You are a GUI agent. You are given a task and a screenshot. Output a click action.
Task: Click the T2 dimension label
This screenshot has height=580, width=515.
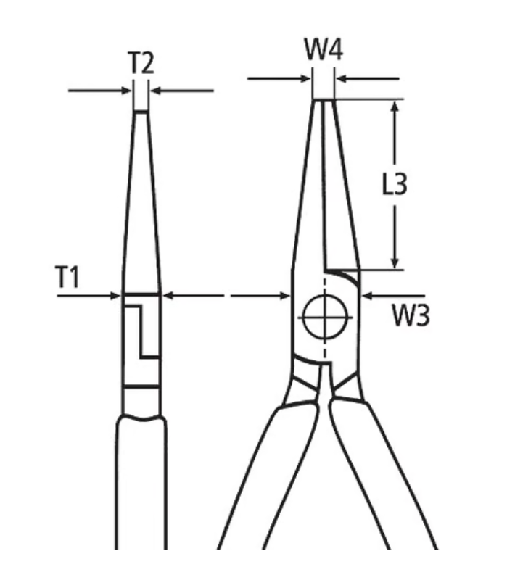click(141, 63)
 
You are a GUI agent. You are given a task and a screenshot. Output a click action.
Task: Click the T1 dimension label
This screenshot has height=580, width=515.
click(67, 277)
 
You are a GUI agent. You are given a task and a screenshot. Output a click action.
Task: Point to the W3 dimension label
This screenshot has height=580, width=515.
click(411, 315)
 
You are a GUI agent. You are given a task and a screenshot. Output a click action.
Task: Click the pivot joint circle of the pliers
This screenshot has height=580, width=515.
click(325, 317)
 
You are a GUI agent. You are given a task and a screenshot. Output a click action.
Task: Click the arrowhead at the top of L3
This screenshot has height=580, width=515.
click(395, 107)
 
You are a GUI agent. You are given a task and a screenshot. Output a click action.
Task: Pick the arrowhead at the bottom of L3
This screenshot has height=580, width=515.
click(395, 262)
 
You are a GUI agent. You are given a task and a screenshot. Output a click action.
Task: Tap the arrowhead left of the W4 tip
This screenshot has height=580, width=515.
click(305, 78)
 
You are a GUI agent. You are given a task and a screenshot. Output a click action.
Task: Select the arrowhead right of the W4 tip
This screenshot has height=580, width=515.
click(341, 78)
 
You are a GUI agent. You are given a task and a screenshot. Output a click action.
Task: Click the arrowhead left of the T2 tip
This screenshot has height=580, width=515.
click(126, 90)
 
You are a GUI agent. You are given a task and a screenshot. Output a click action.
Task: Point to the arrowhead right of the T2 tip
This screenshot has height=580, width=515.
click(155, 90)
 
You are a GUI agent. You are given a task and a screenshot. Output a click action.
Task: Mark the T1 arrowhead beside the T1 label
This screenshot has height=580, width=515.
click(115, 296)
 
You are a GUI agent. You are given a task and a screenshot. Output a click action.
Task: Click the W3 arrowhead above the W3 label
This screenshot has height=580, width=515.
click(368, 296)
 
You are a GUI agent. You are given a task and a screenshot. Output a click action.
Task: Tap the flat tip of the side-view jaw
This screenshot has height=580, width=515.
click(141, 110)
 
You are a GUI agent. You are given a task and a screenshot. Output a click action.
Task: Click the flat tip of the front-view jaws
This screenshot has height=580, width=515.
click(324, 100)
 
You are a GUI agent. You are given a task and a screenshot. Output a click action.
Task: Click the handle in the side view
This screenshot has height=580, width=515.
click(141, 481)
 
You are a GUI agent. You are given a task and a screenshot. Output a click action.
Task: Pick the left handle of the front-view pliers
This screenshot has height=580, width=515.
click(268, 477)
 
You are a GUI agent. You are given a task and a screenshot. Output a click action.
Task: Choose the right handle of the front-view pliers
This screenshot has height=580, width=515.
click(383, 477)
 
